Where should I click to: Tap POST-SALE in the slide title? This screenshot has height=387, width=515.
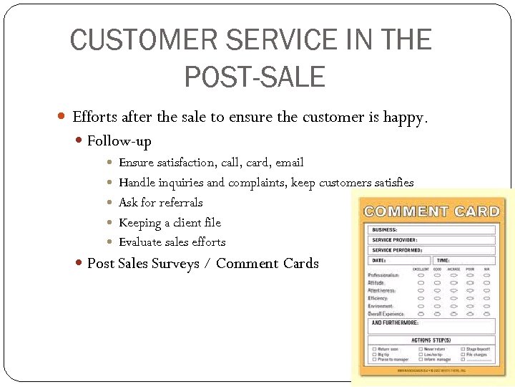255,76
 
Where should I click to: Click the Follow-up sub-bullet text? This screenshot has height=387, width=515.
119,141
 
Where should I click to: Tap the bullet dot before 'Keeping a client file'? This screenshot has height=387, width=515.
108,223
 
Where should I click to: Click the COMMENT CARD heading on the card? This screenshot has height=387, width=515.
431,211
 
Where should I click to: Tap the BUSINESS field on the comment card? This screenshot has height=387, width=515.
431,229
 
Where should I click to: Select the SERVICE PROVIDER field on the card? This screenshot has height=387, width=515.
431,239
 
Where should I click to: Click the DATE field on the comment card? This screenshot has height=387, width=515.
400,260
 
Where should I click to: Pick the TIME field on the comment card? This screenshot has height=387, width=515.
464,260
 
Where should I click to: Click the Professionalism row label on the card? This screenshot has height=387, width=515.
384,276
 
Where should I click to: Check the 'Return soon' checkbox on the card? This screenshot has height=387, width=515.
374,349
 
